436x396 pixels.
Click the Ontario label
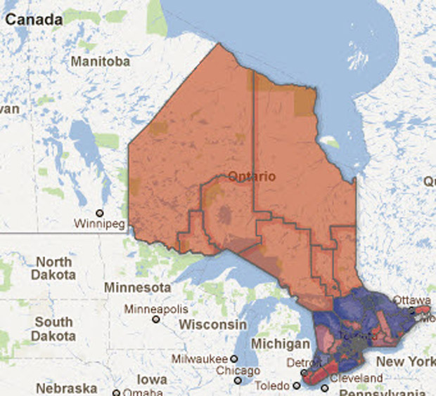pyautogui.click(x=251, y=176)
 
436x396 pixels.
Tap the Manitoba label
pyautogui.click(x=101, y=62)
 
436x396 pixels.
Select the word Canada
pyautogui.click(x=31, y=20)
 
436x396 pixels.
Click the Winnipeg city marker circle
pyautogui.click(x=99, y=213)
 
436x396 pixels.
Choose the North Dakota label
pyautogui.click(x=54, y=268)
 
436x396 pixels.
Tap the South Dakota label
pyautogui.click(x=53, y=328)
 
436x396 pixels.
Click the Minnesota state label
pyautogui.click(x=137, y=288)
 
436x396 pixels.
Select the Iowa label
pyautogui.click(x=152, y=379)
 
